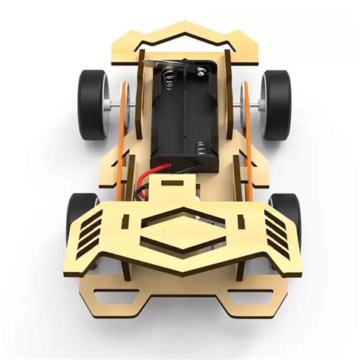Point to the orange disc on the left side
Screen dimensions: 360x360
[x=123, y=103]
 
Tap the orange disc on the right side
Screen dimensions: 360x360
[x=245, y=103]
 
